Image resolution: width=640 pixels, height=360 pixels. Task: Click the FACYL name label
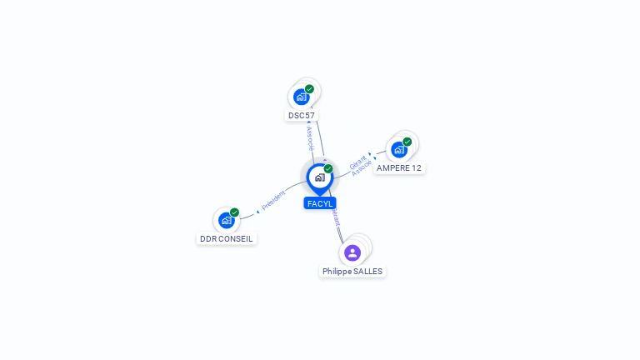[x=320, y=203]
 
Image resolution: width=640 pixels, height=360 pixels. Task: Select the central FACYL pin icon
[x=319, y=177]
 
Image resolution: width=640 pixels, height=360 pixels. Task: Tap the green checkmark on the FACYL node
[x=328, y=169]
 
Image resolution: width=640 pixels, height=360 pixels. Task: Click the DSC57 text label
[x=302, y=115]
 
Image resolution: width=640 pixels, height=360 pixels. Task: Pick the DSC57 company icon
[x=302, y=97]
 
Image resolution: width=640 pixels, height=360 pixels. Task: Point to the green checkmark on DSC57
[x=309, y=89]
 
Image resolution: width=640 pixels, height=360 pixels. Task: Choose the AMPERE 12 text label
[x=399, y=167]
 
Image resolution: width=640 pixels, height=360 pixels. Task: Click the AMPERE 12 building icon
[x=398, y=150]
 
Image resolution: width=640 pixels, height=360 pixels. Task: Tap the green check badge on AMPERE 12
[x=407, y=142]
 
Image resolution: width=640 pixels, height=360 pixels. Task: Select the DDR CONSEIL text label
[x=226, y=238]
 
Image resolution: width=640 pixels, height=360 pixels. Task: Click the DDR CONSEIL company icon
[x=226, y=220]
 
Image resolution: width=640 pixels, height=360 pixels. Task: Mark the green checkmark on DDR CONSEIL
[x=234, y=212]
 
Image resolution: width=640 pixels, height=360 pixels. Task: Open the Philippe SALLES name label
[x=352, y=271]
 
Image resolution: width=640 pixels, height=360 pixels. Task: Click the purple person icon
[x=352, y=252]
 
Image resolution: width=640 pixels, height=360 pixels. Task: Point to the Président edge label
[x=273, y=200]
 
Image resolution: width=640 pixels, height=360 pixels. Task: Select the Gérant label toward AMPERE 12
[x=357, y=161]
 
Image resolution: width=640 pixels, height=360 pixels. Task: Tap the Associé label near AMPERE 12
[x=362, y=167]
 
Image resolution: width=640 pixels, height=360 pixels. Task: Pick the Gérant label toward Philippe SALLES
[x=335, y=218]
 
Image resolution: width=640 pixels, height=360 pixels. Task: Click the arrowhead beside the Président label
[x=257, y=212]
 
